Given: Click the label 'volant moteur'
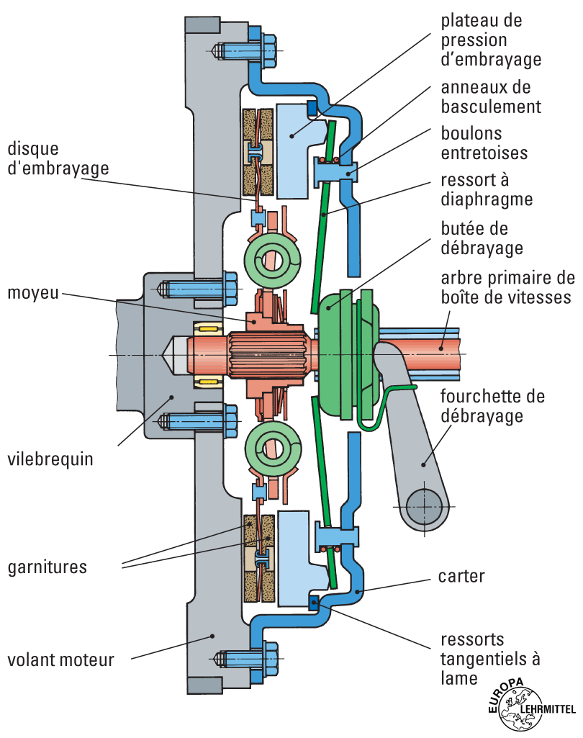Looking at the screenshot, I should click(x=60, y=660).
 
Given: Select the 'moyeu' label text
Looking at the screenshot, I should click(x=32, y=294).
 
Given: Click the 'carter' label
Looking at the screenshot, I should click(x=461, y=577).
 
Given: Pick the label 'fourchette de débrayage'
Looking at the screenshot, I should click(x=492, y=407).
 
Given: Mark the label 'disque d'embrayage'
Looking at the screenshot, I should click(x=58, y=158).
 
